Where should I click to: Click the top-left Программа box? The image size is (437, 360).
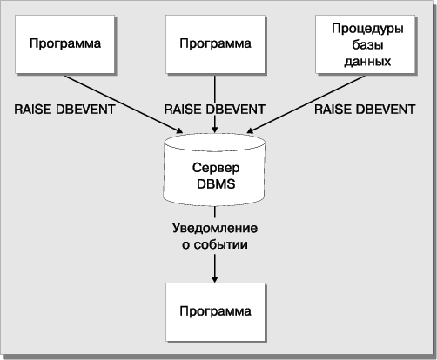(65, 44)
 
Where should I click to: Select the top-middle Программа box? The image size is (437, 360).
(215, 44)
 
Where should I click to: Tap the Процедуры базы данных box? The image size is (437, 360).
(366, 44)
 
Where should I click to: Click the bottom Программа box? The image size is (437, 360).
(215, 312)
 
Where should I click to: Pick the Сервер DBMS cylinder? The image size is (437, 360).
(214, 170)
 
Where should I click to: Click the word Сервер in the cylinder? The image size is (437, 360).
(216, 168)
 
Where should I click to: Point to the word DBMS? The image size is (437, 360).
(216, 184)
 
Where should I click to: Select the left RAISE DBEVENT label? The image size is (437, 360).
(64, 110)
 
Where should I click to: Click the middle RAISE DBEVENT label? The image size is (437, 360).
(215, 110)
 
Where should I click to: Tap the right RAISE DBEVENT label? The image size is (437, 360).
(365, 110)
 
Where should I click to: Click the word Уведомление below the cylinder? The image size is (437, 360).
(215, 228)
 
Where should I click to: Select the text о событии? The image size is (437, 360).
(215, 244)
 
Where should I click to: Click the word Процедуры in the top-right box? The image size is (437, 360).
(367, 29)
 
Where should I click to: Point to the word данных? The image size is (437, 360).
(367, 62)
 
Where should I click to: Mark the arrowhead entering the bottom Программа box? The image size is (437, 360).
(215, 279)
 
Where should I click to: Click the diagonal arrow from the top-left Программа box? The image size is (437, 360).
(124, 104)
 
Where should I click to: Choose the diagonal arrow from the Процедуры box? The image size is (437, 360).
(306, 104)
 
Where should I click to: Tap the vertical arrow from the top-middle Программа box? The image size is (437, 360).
(215, 104)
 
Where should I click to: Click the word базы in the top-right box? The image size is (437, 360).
(367, 45)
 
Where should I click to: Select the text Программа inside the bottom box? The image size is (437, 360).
(215, 311)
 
